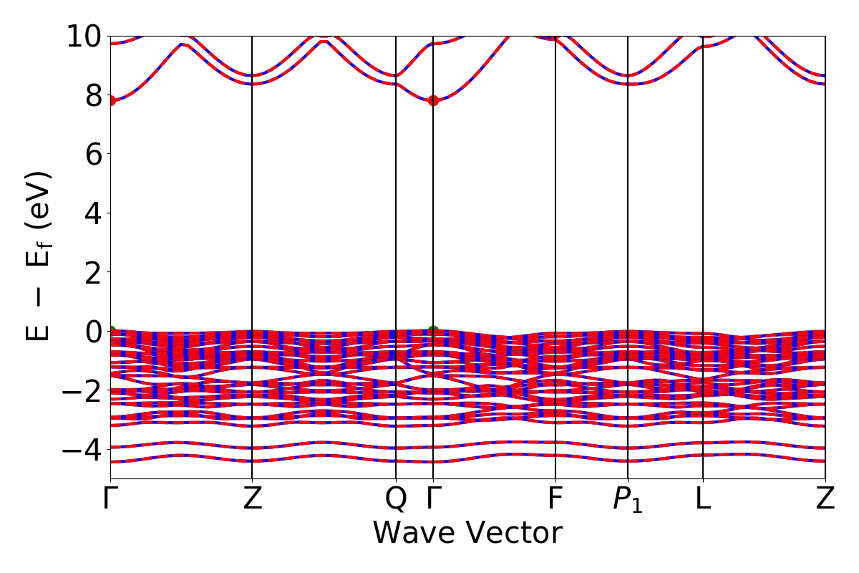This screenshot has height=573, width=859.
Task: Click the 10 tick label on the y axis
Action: coord(84,36)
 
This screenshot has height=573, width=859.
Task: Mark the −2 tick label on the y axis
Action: coord(80,390)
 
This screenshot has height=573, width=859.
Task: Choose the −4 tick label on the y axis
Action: coord(80,450)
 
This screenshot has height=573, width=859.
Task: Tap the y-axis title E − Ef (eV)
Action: coord(40,256)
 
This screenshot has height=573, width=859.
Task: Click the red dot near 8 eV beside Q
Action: coord(433,100)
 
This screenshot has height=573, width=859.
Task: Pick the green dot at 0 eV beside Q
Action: coord(433,331)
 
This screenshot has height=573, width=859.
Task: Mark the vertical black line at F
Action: coord(555,215)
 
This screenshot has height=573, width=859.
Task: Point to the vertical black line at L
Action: coord(703,215)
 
